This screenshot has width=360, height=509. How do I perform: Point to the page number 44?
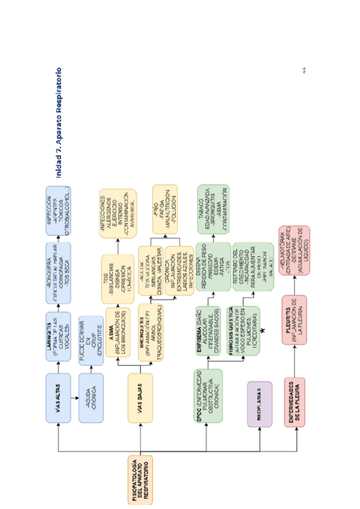coord(304,71)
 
